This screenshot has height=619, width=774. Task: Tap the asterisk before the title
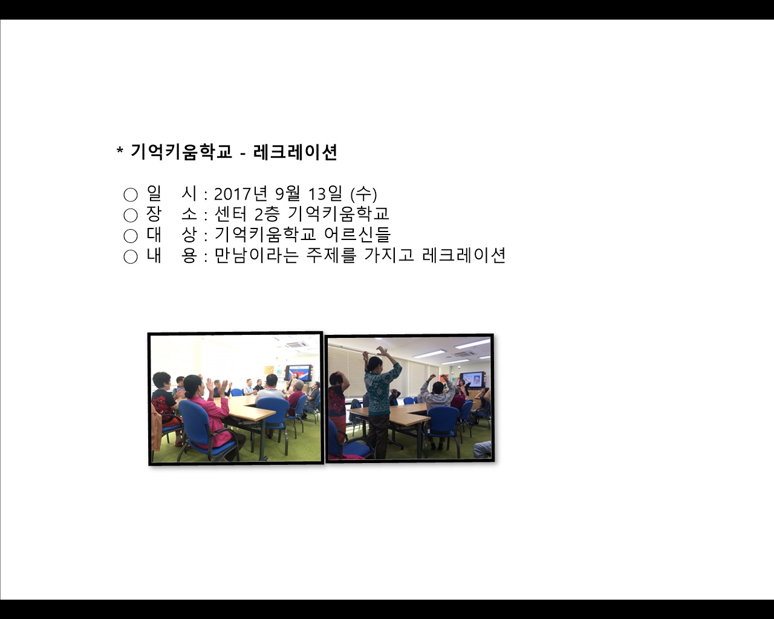[120, 151]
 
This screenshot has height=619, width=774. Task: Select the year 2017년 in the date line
[241, 194]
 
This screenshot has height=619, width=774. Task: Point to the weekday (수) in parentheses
[364, 194]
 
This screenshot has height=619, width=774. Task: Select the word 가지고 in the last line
[389, 255]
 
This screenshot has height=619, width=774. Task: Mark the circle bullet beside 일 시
[131, 195]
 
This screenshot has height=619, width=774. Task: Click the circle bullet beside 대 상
[131, 236]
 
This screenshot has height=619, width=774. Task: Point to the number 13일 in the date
[325, 194]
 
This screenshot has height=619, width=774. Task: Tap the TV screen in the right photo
[473, 379]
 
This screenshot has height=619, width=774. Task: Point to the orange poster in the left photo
[268, 371]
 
